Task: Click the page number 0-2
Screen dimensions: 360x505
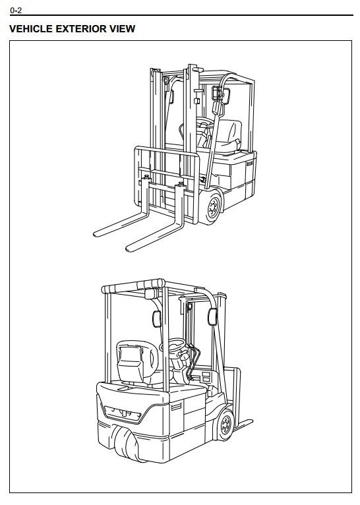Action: point(16,11)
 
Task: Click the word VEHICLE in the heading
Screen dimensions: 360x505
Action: point(30,28)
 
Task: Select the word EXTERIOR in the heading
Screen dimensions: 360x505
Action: point(81,28)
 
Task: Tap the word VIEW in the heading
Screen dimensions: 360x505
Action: point(123,28)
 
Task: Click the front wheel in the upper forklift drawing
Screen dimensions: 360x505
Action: point(211,206)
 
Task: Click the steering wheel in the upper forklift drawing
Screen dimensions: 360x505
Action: point(203,124)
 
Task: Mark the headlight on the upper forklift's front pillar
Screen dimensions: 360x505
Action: point(216,93)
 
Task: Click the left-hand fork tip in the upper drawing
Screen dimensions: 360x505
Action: point(96,234)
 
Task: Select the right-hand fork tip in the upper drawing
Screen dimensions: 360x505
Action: point(129,248)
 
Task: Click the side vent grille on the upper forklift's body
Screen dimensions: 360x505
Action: point(249,163)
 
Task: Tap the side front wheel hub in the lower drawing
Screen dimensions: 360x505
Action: point(225,425)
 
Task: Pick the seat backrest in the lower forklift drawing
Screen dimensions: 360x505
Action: point(131,361)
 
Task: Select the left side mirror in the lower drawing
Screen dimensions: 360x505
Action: point(156,319)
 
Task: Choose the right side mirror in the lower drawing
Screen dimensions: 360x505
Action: point(212,316)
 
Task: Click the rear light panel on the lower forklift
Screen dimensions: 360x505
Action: point(123,413)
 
